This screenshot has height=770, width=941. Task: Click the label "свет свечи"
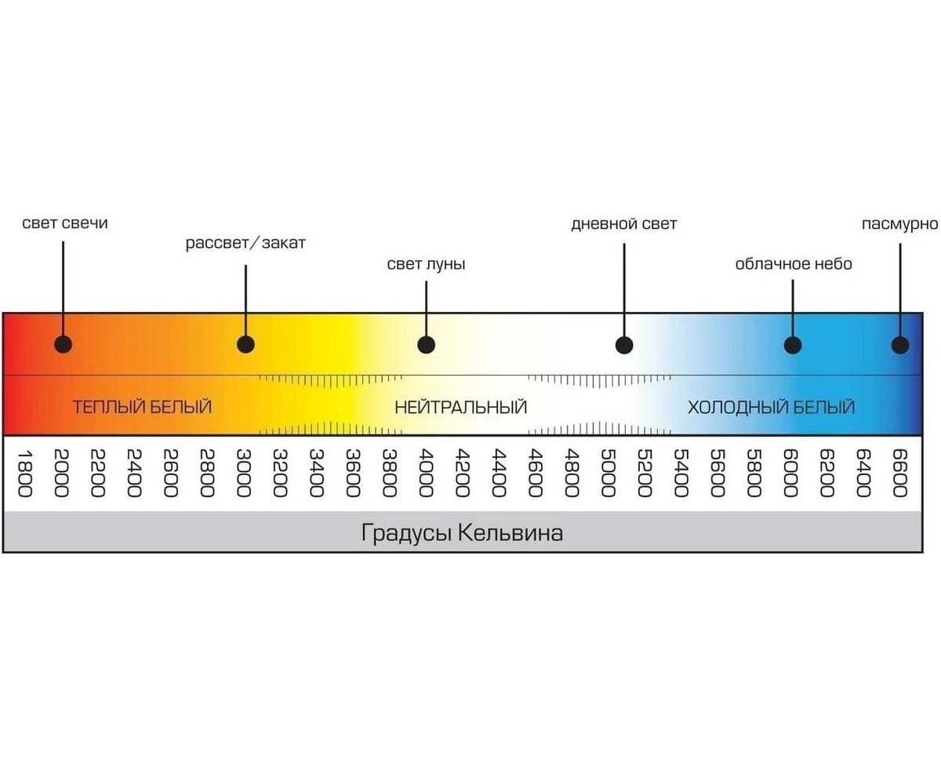coord(65,223)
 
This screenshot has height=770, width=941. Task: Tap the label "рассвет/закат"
coord(245,243)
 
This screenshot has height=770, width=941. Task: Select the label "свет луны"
coord(426,264)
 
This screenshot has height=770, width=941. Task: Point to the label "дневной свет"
coord(624,224)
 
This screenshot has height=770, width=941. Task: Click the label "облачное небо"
coord(793,264)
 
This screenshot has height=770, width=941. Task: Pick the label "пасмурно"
coord(899,224)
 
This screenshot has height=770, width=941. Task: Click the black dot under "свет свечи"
coord(64,344)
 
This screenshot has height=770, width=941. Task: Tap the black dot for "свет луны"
coord(426,344)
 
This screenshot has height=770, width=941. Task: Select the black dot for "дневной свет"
coord(624,344)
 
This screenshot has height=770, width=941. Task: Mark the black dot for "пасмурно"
coord(900,344)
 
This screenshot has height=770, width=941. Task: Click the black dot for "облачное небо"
coord(793,344)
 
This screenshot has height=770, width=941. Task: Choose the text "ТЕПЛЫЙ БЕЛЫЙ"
coord(142,408)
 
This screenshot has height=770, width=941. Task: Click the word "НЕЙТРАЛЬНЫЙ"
coord(461,408)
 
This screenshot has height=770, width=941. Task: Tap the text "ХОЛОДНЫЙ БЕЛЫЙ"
coord(771,408)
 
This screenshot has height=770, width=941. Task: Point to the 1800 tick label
coord(24,473)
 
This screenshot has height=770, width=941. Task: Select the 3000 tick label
coord(244,473)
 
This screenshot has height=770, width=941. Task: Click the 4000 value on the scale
coord(426,473)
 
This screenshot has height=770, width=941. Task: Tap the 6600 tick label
coord(899,473)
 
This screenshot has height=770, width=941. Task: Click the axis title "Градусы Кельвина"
coord(462,534)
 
